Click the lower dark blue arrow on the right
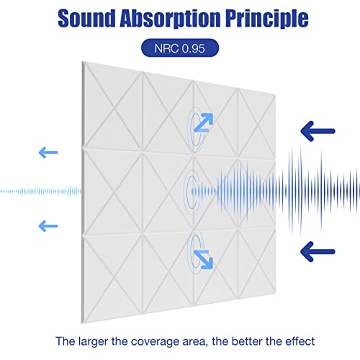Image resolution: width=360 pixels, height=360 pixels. click(318, 251)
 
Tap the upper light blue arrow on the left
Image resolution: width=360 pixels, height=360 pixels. click(48, 152)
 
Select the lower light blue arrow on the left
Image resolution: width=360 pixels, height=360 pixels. click(48, 225)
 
